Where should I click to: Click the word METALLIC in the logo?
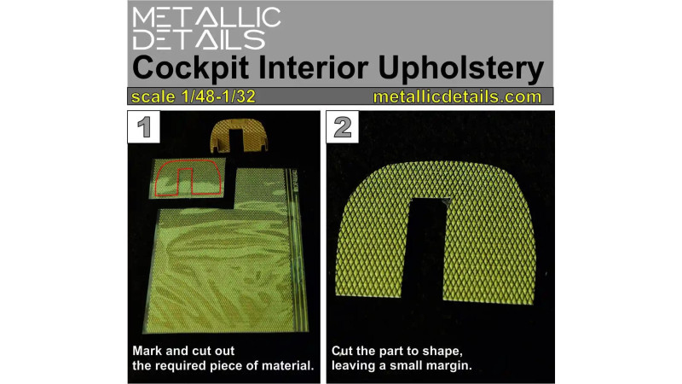point(206,17)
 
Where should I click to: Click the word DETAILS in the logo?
point(199,39)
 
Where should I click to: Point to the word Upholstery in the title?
point(461,69)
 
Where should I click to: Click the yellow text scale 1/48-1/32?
point(194,96)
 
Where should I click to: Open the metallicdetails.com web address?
point(457,96)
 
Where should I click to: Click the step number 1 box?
point(144,126)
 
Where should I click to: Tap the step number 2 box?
point(343,126)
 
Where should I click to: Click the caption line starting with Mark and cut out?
point(183,351)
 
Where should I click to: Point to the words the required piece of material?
point(223,365)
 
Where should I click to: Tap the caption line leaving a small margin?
point(401,365)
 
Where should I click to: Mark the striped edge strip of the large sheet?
point(297,249)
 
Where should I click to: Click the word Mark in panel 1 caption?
point(146,351)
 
